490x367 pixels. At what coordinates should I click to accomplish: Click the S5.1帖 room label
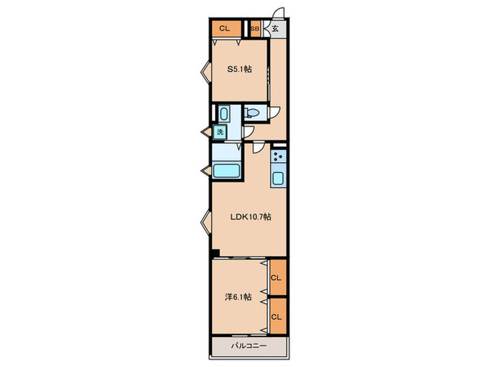pos(239,69)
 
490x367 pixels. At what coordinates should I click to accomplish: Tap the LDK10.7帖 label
pos(251,217)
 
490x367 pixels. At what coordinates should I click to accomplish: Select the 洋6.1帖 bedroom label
pos(238,297)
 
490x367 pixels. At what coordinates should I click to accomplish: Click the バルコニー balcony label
pos(248,346)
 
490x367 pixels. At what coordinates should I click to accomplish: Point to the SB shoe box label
pos(255,29)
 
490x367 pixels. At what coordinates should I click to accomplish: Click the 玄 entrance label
pos(275,29)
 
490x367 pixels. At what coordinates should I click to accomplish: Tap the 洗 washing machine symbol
pos(220,131)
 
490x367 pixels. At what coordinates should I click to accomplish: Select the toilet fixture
pos(251,113)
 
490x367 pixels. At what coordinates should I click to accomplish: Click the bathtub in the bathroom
pos(226,171)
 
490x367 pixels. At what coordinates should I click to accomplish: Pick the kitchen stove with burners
pos(278,156)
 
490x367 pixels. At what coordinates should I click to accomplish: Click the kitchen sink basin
pos(278,178)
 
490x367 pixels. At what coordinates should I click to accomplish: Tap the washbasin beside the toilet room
pos(224,114)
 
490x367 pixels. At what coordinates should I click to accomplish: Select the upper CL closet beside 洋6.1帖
pos(278,277)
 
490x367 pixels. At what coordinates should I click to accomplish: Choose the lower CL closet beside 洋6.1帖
pos(278,316)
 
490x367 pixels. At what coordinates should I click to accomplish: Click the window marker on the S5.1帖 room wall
pos(206,72)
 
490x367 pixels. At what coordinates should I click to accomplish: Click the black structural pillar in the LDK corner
pos(216,253)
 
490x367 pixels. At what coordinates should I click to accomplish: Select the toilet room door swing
pos(275,113)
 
